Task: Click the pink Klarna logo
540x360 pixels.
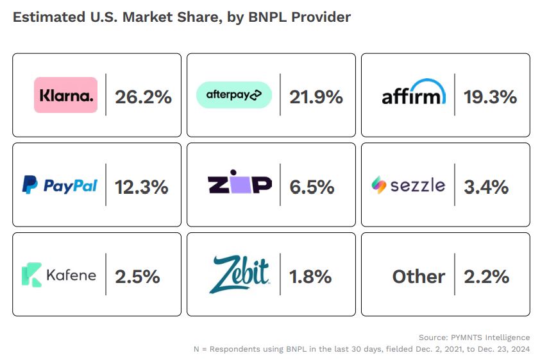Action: click(65, 95)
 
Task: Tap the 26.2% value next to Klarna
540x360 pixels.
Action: click(143, 97)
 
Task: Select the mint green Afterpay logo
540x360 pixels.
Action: click(234, 95)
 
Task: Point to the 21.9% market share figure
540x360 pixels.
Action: click(316, 97)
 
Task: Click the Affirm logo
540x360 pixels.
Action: click(413, 94)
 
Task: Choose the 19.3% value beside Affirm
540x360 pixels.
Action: click(490, 97)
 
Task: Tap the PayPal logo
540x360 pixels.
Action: click(60, 185)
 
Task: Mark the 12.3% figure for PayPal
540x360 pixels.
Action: click(141, 187)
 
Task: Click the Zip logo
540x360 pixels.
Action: click(240, 185)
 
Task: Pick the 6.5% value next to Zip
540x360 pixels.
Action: click(312, 187)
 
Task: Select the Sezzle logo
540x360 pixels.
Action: click(408, 185)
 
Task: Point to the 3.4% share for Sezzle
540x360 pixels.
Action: click(486, 187)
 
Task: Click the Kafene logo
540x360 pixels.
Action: click(59, 275)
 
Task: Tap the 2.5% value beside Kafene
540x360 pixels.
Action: click(137, 277)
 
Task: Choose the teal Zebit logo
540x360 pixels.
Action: click(239, 274)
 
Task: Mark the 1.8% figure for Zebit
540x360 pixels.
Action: click(310, 277)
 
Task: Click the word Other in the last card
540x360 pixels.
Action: click(418, 277)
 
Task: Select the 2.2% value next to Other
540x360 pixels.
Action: click(487, 277)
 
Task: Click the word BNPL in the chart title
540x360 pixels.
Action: click(269, 17)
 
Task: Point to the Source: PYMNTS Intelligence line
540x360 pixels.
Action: click(474, 337)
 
